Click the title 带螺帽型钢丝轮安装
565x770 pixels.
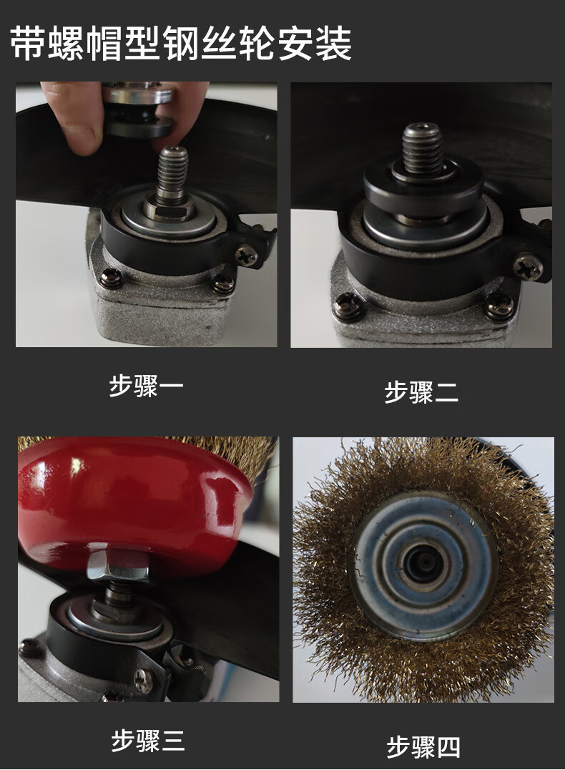tap(181, 44)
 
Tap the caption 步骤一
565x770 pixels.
tap(147, 386)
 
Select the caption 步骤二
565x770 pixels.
tap(421, 392)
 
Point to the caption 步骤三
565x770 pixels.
tap(148, 741)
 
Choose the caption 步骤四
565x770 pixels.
tap(423, 747)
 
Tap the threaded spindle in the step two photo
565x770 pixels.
tap(423, 149)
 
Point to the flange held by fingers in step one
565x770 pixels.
tap(139, 113)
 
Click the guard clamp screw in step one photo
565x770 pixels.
tap(245, 256)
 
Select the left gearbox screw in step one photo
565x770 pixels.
tap(111, 279)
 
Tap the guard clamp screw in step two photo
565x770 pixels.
tap(529, 267)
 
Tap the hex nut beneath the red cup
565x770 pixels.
tap(118, 565)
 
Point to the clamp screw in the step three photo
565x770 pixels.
tap(144, 681)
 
